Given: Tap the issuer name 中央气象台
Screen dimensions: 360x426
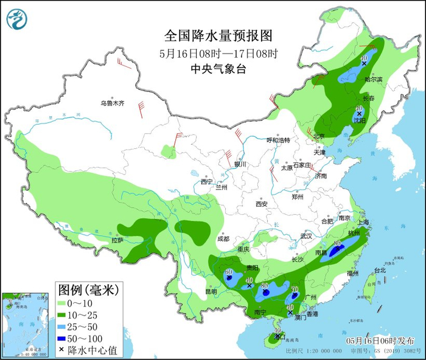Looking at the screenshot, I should [x=218, y=69].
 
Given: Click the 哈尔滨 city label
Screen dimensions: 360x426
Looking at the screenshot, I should [x=372, y=80].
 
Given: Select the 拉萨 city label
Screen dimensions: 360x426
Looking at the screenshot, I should [x=117, y=240].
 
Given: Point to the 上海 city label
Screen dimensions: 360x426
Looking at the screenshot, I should [x=364, y=223].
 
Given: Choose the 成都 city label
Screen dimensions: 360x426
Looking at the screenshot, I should [x=222, y=239].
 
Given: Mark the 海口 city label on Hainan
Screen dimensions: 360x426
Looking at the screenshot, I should [x=279, y=336].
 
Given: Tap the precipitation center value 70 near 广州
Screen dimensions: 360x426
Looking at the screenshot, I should [x=295, y=289].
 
